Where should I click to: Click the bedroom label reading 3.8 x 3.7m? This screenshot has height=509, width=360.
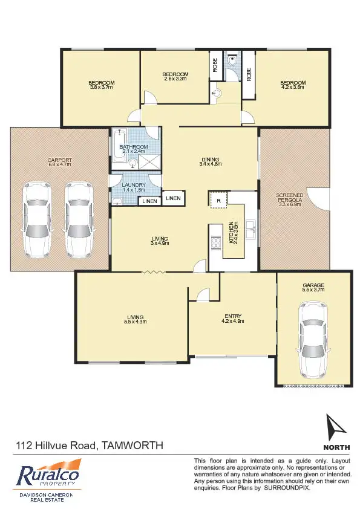[x=101, y=85]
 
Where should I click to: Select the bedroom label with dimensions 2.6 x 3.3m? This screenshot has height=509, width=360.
[x=175, y=76]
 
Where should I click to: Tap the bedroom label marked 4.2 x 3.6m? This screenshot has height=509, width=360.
[x=292, y=85]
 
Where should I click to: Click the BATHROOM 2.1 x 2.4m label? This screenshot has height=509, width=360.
[x=134, y=149]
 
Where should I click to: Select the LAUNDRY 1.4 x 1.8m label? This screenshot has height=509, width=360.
[x=134, y=187]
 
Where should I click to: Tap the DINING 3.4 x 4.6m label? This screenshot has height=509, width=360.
[x=211, y=161]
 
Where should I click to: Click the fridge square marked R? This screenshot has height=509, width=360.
[x=218, y=199]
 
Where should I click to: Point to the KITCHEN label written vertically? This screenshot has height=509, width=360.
[x=232, y=233]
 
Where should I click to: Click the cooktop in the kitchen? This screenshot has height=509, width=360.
[x=215, y=242]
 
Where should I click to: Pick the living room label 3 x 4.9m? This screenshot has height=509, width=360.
[x=160, y=241]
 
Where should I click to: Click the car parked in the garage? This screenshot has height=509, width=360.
[x=313, y=339]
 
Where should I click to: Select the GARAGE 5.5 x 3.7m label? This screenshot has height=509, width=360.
[x=313, y=287]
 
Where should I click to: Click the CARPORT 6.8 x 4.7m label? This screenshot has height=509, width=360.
[x=59, y=163]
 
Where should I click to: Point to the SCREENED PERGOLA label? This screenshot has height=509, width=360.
[x=290, y=200]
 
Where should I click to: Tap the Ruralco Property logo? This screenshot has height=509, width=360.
[x=48, y=475]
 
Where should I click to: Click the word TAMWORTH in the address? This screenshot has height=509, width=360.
[x=132, y=446]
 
